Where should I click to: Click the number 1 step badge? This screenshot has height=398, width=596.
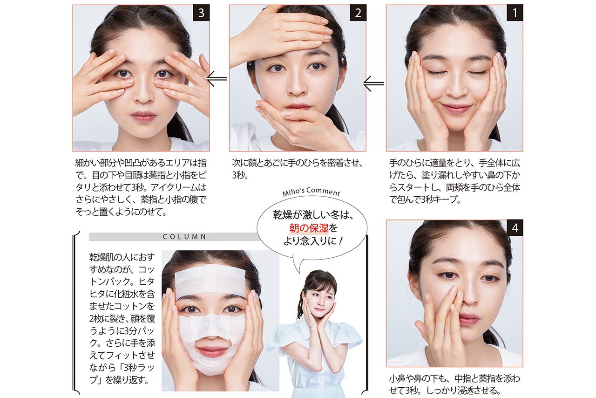(x=515, y=13)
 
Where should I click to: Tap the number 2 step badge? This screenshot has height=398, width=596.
(x=358, y=13)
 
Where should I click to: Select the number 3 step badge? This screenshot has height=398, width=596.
(x=201, y=13)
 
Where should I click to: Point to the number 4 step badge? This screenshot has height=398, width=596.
(x=515, y=228)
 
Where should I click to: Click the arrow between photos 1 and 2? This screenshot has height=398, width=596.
(x=373, y=83)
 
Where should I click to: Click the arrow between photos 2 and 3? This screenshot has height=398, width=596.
(x=217, y=79)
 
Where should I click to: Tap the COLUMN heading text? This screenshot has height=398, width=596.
(x=184, y=237)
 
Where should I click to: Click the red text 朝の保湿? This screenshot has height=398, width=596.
(x=309, y=228)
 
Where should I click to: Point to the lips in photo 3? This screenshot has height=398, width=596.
(x=143, y=117)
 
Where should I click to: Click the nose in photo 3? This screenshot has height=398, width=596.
(x=143, y=93)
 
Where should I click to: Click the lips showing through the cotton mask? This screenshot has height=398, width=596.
(x=212, y=351)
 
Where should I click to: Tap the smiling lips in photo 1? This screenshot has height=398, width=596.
(x=456, y=108)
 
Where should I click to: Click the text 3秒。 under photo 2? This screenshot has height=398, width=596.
(x=240, y=175)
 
